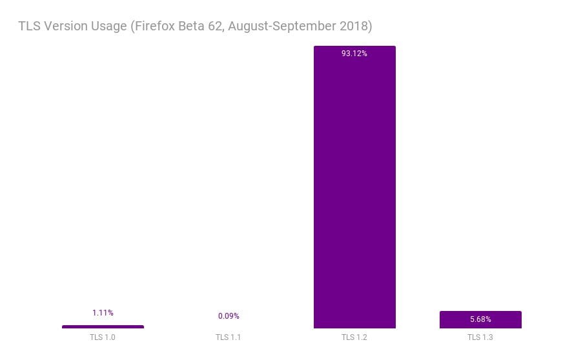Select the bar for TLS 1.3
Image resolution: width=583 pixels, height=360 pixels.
click(480, 320)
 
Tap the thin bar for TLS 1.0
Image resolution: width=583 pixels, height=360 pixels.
click(103, 327)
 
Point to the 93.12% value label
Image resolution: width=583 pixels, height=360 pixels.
click(354, 54)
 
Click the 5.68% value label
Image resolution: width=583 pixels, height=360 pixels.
click(480, 319)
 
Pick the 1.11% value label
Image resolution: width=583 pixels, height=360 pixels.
click(103, 313)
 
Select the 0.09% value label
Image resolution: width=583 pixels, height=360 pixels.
click(229, 316)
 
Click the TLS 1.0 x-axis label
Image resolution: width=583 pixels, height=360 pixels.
click(103, 337)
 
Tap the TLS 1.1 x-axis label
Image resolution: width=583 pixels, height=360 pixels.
click(229, 337)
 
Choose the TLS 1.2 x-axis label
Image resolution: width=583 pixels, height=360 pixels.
click(354, 337)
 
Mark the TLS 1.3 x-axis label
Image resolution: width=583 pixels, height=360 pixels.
click(480, 337)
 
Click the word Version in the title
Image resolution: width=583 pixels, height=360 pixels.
click(66, 26)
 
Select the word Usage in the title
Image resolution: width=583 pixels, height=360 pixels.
click(111, 26)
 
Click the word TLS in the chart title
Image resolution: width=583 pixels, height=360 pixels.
click(29, 26)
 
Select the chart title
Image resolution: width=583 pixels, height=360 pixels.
click(195, 26)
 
